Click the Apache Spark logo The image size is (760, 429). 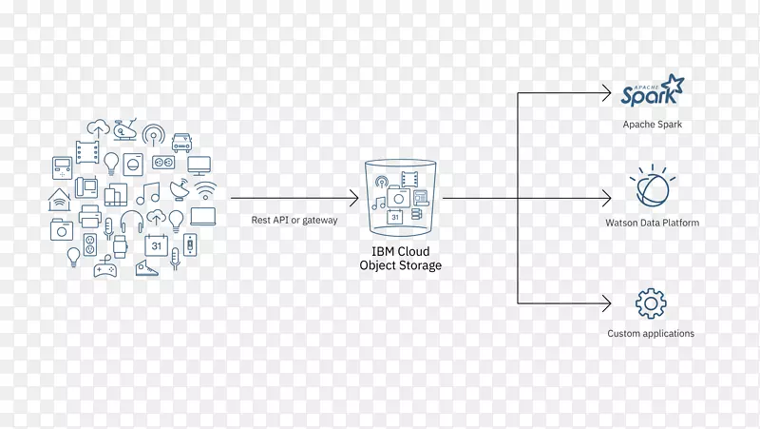click(x=651, y=90)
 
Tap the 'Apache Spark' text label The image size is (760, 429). click(x=653, y=125)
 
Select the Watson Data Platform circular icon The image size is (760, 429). click(x=652, y=186)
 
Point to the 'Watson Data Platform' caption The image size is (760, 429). click(x=653, y=224)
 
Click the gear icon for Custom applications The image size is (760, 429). click(x=651, y=304)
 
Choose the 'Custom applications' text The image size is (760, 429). click(x=651, y=334)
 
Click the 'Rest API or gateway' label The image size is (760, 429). click(x=294, y=220)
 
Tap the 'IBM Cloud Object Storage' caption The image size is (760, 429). click(x=400, y=259)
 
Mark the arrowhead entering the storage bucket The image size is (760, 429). click(x=353, y=199)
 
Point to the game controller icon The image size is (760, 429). click(x=104, y=268)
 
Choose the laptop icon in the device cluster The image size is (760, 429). click(x=203, y=216)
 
